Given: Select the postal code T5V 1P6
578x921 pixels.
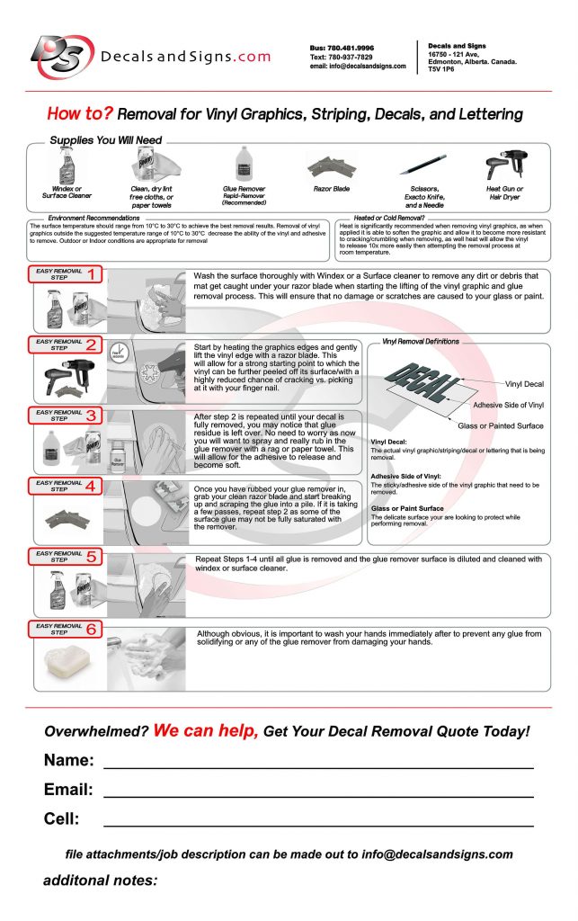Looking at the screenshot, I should pos(441,68).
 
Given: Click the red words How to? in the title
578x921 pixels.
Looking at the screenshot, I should pos(79,114).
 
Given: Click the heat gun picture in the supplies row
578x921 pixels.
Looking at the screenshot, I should pos(504,166).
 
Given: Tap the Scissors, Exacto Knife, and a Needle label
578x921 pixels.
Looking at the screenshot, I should pos(419,197).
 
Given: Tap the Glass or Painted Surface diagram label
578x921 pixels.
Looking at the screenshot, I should pos(500,425).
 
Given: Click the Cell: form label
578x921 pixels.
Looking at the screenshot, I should pos(62,818).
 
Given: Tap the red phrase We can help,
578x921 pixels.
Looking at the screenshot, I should pos(206,730).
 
